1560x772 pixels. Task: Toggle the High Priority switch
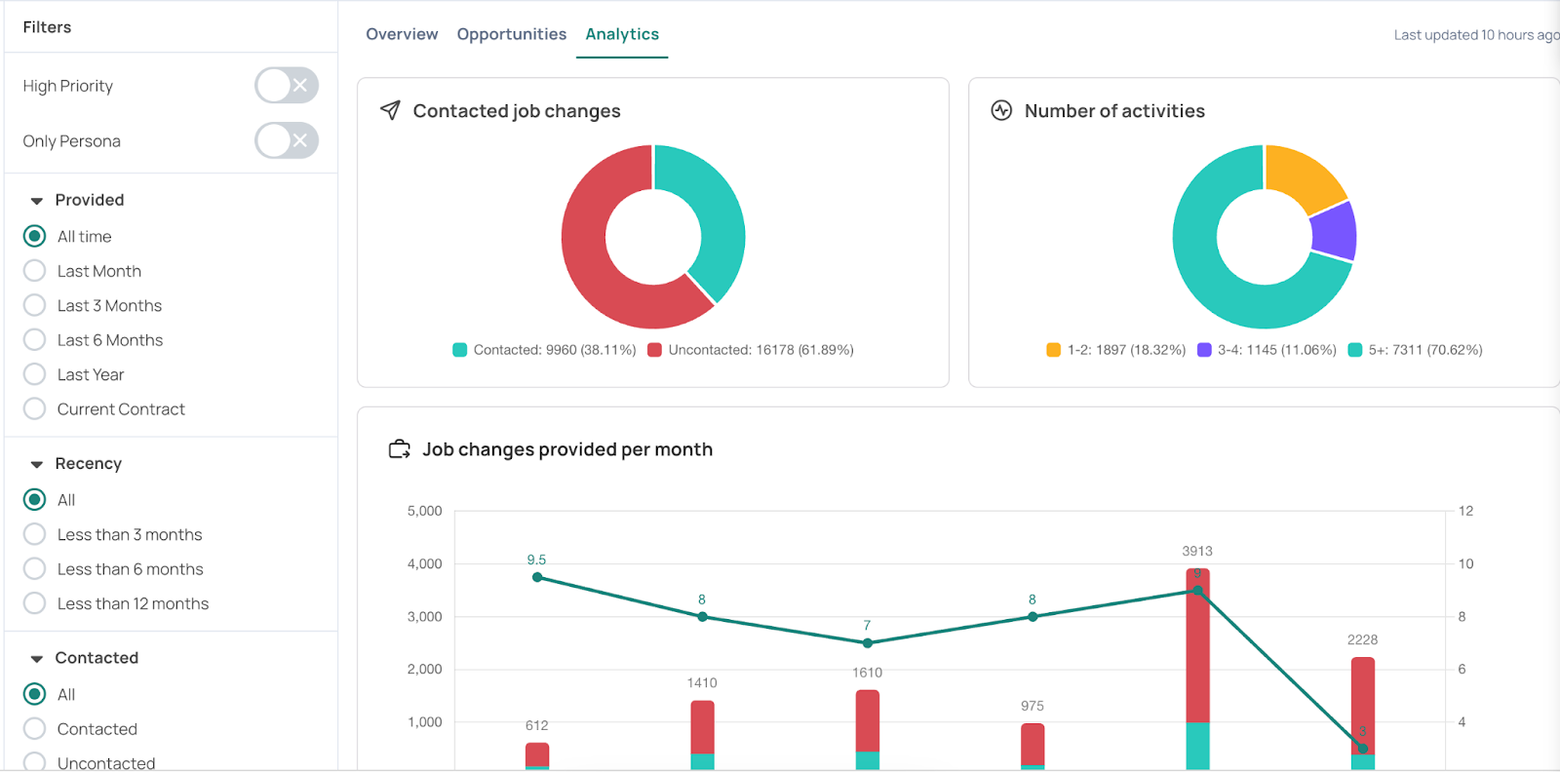pyautogui.click(x=286, y=86)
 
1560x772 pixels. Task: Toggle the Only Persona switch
pyautogui.click(x=286, y=140)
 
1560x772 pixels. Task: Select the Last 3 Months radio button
pyautogui.click(x=35, y=305)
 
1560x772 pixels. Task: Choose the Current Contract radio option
pyautogui.click(x=35, y=409)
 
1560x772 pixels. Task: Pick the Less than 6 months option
pyautogui.click(x=35, y=569)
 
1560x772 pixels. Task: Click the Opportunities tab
pyautogui.click(x=511, y=34)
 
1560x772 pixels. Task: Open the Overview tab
pyautogui.click(x=402, y=34)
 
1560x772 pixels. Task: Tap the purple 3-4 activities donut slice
pyautogui.click(x=1334, y=232)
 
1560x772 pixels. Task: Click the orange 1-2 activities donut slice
pyautogui.click(x=1304, y=175)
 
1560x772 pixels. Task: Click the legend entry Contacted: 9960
pyautogui.click(x=544, y=350)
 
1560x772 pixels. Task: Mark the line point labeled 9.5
pyautogui.click(x=537, y=577)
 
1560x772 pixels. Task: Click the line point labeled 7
pyautogui.click(x=867, y=643)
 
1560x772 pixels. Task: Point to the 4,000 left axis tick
pyautogui.click(x=424, y=563)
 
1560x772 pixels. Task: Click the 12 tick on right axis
pyautogui.click(x=1465, y=511)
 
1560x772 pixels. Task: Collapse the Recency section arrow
pyautogui.click(x=37, y=464)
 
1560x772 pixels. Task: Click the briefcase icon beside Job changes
pyautogui.click(x=399, y=449)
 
